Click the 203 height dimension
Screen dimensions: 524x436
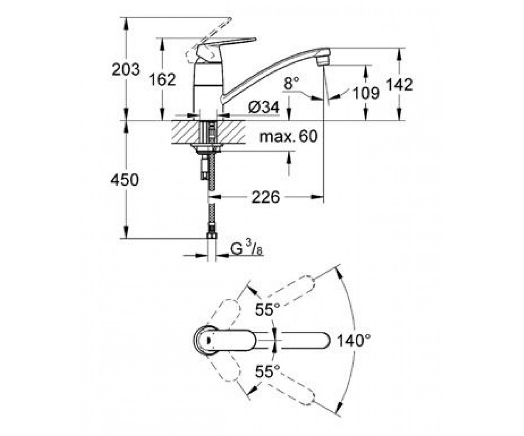(125, 69)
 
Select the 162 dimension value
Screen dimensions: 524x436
(162, 79)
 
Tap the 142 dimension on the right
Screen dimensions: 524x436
(400, 85)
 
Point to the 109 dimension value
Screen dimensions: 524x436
(366, 93)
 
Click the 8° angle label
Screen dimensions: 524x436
(292, 83)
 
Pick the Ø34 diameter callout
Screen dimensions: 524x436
(263, 108)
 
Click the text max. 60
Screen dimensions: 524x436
(289, 136)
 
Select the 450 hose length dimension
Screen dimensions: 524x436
(124, 180)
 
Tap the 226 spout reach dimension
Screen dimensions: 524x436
(265, 197)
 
